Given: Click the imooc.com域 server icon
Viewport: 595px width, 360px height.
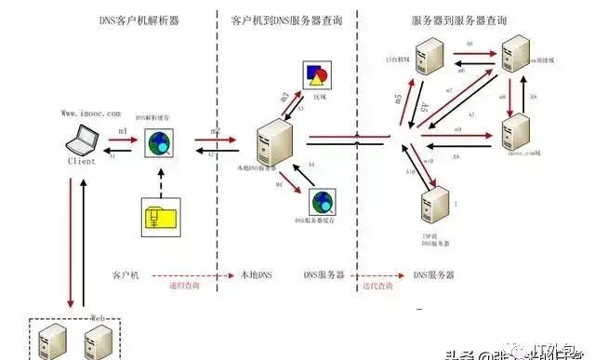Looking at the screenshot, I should click(517, 130).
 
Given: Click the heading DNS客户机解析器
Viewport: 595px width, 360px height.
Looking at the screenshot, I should click(133, 20).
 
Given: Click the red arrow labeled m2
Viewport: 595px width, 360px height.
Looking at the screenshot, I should click(213, 140).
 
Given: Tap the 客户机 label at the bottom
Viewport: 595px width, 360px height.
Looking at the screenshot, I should click(126, 276).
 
